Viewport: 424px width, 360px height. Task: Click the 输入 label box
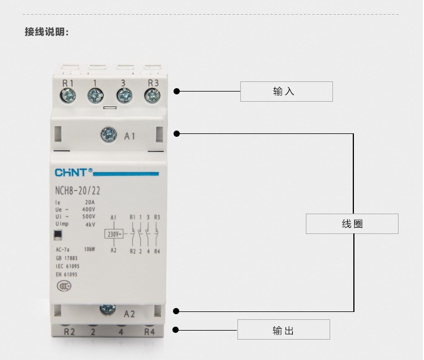tap(286, 92)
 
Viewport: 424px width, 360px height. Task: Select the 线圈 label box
tap(352, 224)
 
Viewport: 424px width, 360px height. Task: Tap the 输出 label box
tap(283, 330)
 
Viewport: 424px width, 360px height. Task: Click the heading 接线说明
tap(47, 32)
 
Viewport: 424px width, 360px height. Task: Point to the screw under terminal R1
tap(68, 96)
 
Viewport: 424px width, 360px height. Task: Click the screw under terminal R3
tap(152, 96)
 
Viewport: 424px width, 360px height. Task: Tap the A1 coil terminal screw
tap(107, 135)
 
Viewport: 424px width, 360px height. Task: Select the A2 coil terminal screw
tap(107, 309)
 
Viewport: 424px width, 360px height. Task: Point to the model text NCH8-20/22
tap(77, 191)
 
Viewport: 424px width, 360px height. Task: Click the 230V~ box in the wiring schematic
tap(114, 233)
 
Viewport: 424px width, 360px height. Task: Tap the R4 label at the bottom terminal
tap(149, 332)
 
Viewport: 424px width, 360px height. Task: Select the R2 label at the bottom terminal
tap(68, 332)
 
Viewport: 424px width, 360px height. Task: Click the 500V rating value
tap(89, 216)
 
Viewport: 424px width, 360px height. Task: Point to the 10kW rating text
tap(89, 249)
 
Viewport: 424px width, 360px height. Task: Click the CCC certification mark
tap(64, 286)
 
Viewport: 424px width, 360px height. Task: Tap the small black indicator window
tap(58, 236)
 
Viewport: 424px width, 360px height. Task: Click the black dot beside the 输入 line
tap(176, 91)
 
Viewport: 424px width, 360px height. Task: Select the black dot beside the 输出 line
tap(176, 329)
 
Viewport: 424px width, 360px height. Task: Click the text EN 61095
tap(67, 274)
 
